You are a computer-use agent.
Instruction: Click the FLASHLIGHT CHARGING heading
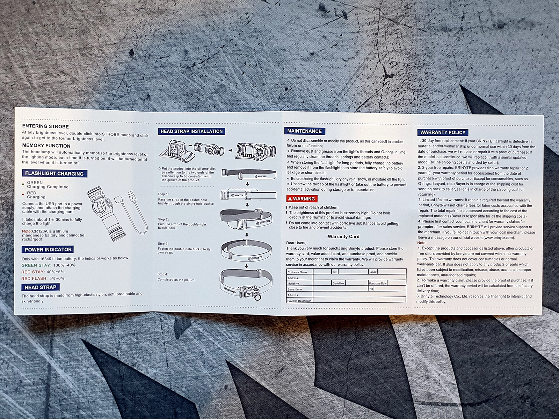click(55, 174)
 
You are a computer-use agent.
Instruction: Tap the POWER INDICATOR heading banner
click(48, 249)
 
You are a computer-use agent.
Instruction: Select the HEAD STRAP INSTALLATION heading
click(191, 131)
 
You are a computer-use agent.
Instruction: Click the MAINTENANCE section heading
click(305, 131)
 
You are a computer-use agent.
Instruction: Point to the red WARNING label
click(302, 198)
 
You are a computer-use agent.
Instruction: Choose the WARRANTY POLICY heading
click(443, 132)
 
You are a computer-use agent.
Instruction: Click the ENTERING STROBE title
click(45, 126)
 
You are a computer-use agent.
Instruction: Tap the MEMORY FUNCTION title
click(46, 146)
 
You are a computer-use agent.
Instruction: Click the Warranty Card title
click(343, 237)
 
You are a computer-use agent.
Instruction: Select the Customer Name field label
click(297, 272)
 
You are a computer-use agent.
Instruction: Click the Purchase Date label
click(378, 284)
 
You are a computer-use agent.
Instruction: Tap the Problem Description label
click(299, 301)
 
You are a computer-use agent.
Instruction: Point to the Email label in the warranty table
click(373, 272)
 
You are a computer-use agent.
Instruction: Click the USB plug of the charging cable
click(131, 196)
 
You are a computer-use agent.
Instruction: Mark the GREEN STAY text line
click(48, 265)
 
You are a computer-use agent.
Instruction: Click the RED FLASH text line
click(43, 278)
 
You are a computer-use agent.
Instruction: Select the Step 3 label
click(163, 244)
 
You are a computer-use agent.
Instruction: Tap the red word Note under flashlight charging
click(27, 231)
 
